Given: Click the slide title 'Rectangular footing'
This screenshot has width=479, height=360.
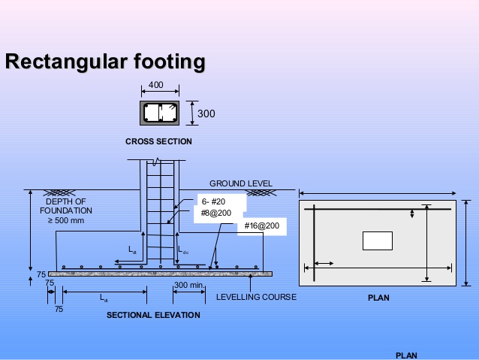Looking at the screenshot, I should pos(104,62).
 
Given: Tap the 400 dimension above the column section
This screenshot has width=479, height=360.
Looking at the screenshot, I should pos(155,86).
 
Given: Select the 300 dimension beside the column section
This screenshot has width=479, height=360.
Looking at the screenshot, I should pos(206,113).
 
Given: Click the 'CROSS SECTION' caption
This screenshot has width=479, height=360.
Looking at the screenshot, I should pos(158,141).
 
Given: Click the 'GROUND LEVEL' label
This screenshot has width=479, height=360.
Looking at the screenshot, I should pos(240,183).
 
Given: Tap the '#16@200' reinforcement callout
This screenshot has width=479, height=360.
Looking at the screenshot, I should pos(261,225).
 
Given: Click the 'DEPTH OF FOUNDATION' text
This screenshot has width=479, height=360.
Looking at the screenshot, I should pos(66,206).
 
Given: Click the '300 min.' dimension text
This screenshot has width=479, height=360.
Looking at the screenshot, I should pos(189,286).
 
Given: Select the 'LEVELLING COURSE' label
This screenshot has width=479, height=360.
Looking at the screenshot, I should pos(256,297).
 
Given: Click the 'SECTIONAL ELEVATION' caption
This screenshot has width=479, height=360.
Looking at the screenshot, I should pos(153,315).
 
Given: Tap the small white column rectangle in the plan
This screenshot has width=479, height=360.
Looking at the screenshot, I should pos(377,241).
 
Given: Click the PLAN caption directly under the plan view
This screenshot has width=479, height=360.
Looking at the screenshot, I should pos(378,298).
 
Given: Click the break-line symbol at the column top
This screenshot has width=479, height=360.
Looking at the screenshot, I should pos(155,162).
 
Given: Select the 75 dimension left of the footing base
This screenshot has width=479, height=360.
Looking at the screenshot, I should pos(41,274).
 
